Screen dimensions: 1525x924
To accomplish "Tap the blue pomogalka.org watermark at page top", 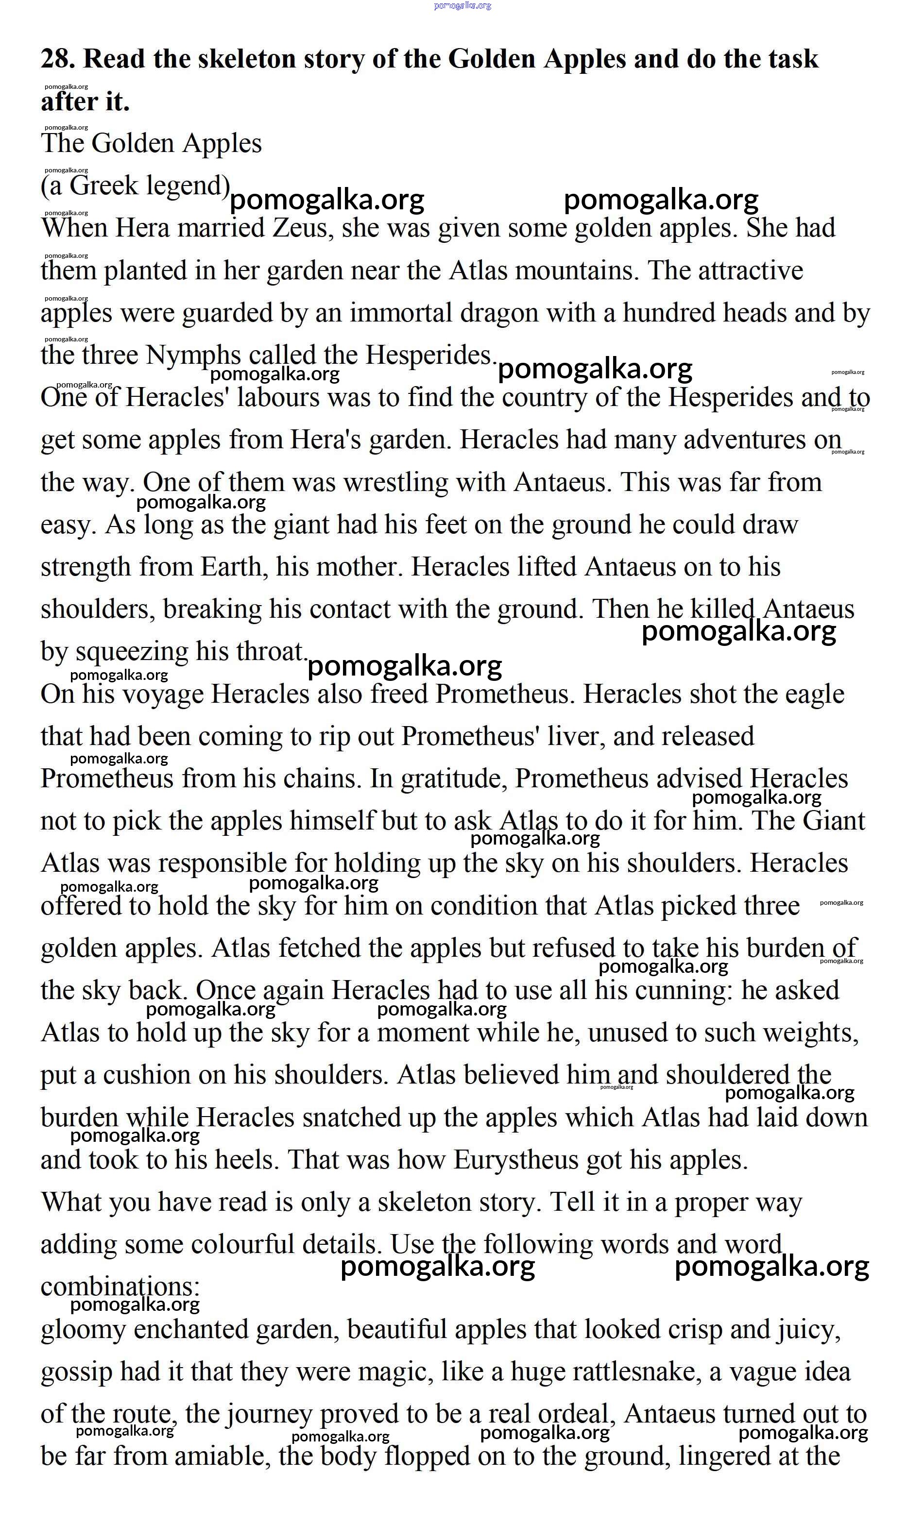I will coord(462,5).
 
